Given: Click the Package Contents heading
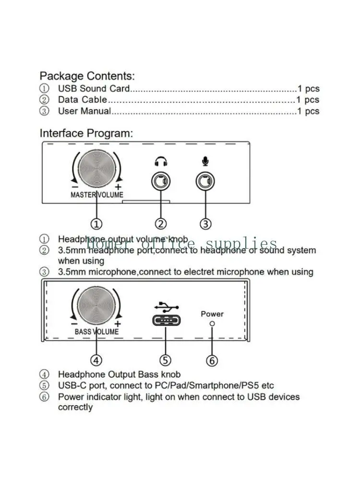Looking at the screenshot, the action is (x=87, y=76).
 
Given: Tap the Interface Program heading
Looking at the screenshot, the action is (x=86, y=133).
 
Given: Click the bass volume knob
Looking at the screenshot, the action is (x=96, y=306).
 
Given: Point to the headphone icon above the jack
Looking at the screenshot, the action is (x=161, y=162).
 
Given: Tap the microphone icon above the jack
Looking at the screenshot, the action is (x=205, y=162).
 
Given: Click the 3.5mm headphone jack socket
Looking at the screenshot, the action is (x=161, y=182).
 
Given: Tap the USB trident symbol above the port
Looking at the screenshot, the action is (x=166, y=307).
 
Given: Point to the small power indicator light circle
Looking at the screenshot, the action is (x=212, y=324).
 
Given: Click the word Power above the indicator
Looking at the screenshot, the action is (x=212, y=314).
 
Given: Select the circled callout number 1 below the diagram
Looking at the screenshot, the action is (x=96, y=224).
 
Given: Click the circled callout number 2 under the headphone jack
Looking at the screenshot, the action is (x=161, y=224).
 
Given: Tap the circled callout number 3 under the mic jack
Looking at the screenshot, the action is (x=205, y=224).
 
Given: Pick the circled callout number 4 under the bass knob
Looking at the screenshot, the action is (x=96, y=360).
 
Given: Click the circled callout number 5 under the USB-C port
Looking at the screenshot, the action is (x=165, y=360).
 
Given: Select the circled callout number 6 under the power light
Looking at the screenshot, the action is (x=212, y=360).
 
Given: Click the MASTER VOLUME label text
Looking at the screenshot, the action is (x=96, y=195).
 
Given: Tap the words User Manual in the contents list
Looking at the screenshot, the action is (x=84, y=111).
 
